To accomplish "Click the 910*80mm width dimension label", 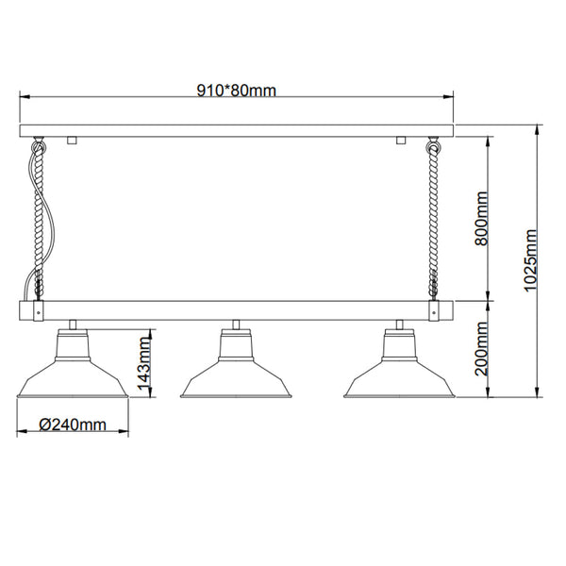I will (x=236, y=91).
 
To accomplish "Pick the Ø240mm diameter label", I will (x=74, y=425).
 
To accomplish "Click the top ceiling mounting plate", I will (x=236, y=131).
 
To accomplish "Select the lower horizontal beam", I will (x=236, y=310).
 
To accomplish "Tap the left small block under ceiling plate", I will (x=72, y=141).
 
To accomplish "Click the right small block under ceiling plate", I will (x=401, y=141).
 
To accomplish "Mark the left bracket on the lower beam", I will (x=37, y=310).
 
